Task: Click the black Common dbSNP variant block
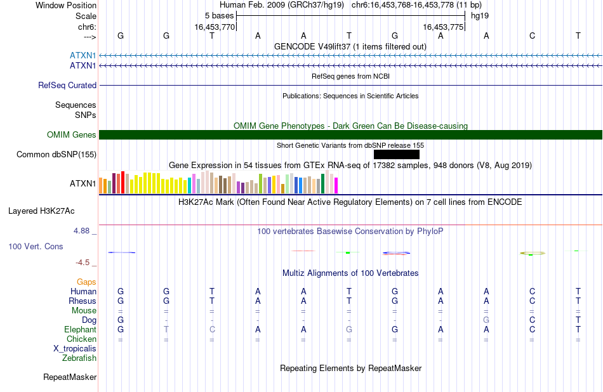coord(397,155)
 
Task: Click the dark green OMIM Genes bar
coord(351,135)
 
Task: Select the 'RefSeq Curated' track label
coord(67,86)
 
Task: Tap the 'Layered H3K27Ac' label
coord(41,211)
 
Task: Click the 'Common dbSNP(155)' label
coord(56,155)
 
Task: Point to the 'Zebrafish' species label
coord(79,358)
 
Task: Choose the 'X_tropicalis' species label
coord(75,349)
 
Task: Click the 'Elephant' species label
coord(81,330)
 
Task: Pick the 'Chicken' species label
coord(81,339)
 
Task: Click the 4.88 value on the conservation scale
coord(81,231)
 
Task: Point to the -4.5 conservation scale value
coord(83,263)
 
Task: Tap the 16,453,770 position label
coord(215,27)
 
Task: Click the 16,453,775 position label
coord(443,27)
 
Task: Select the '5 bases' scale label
coord(219,16)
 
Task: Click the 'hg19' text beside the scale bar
coord(480,16)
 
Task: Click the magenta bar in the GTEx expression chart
coord(336,185)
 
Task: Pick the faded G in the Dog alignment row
coord(486,320)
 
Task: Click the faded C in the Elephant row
coord(212,330)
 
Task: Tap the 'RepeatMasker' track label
coord(70,377)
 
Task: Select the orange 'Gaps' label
coord(86,282)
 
